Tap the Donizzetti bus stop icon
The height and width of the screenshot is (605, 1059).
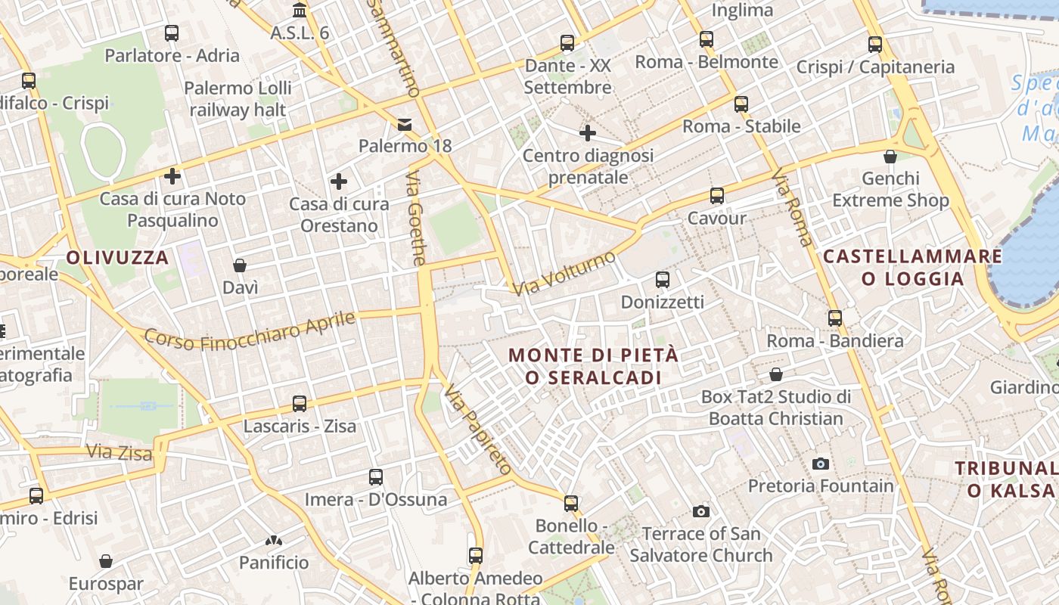pyautogui.click(x=663, y=280)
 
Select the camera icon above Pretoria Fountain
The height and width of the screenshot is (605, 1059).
pyautogui.click(x=820, y=464)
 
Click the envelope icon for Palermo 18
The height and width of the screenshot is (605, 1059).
pyautogui.click(x=405, y=124)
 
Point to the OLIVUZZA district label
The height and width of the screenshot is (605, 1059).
pyautogui.click(x=117, y=258)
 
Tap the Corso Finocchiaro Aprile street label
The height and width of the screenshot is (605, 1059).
pyautogui.click(x=250, y=331)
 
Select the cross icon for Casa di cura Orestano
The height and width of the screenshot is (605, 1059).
pyautogui.click(x=339, y=181)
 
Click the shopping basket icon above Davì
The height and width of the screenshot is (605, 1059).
pyautogui.click(x=240, y=265)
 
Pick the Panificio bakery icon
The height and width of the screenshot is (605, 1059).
pyautogui.click(x=274, y=541)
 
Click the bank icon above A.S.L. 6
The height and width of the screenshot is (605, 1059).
pyautogui.click(x=300, y=11)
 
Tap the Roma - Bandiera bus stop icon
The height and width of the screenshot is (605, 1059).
pyautogui.click(x=835, y=318)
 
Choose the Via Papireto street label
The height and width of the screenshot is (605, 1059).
pyautogui.click(x=478, y=429)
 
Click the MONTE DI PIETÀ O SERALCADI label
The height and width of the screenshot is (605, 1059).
pyautogui.click(x=593, y=366)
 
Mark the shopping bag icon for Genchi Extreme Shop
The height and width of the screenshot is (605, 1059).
pyautogui.click(x=890, y=157)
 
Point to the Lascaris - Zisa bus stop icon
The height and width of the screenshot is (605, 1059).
pyautogui.click(x=300, y=404)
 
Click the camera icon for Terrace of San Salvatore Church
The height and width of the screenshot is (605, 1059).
pyautogui.click(x=701, y=512)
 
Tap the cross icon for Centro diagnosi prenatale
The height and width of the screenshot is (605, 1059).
pyautogui.click(x=588, y=133)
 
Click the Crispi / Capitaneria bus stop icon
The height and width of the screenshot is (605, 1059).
pyautogui.click(x=875, y=45)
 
